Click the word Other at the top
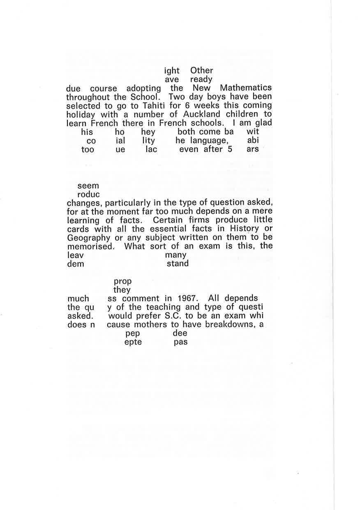pos(201,70)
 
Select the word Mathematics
pos(246,88)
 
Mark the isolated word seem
pos(88,185)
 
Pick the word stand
pos(178,264)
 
